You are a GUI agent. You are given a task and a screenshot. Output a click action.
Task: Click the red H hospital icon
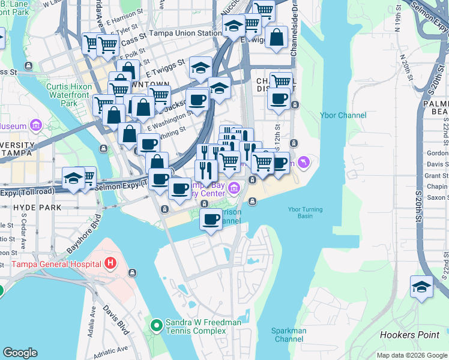[x=110, y=263]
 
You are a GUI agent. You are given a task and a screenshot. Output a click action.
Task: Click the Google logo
[x=20, y=353]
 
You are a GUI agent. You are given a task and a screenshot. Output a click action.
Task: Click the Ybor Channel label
[x=343, y=115]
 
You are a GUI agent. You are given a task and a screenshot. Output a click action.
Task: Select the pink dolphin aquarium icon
[x=306, y=162]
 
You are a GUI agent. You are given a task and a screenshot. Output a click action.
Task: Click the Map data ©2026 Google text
[x=411, y=355]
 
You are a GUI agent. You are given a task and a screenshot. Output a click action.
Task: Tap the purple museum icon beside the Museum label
[x=35, y=126]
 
